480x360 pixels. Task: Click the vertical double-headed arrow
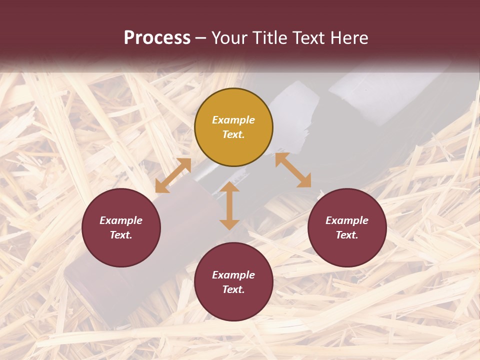[x=229, y=205]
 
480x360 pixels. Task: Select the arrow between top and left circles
[x=173, y=175]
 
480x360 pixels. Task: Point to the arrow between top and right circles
[x=293, y=170]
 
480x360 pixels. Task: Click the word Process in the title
[x=157, y=37]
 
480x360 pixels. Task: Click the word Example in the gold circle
[x=233, y=120]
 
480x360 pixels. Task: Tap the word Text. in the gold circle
[x=233, y=134]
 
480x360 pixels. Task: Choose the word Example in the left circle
[x=121, y=220]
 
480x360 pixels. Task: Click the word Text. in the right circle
[x=347, y=235]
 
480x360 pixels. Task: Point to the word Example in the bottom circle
[x=233, y=275]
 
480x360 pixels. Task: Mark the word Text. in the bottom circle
[x=233, y=289]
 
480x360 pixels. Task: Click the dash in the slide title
[x=201, y=38]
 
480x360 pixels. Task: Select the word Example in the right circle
[x=347, y=220]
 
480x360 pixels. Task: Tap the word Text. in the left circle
[x=121, y=235]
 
